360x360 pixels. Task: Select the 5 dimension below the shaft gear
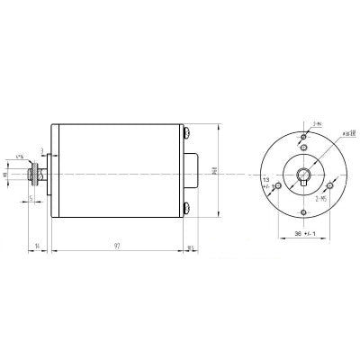click(x=31, y=198)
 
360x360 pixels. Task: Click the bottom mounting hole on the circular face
click(x=305, y=212)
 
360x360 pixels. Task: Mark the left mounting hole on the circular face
click(x=278, y=185)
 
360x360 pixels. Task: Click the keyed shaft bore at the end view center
click(x=305, y=175)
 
